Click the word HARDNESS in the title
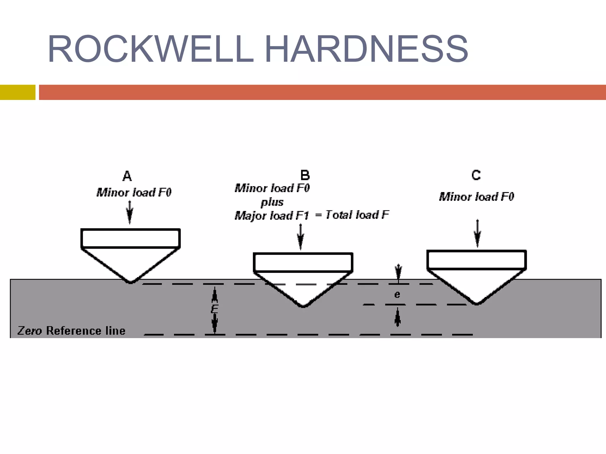[366, 49]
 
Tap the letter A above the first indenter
[127, 176]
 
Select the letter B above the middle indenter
[305, 175]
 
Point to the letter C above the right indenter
[476, 175]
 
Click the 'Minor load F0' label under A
[134, 193]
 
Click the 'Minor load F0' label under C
[476, 197]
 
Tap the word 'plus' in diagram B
[272, 202]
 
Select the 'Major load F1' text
[272, 216]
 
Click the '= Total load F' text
[352, 215]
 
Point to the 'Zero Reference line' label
[71, 331]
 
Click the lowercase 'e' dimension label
[397, 295]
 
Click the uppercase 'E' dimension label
[215, 309]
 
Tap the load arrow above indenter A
[130, 212]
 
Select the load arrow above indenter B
[300, 237]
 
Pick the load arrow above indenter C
[477, 233]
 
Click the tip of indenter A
[130, 282]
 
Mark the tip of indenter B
[303, 306]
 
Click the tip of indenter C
[477, 303]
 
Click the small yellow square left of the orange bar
[17, 92]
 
